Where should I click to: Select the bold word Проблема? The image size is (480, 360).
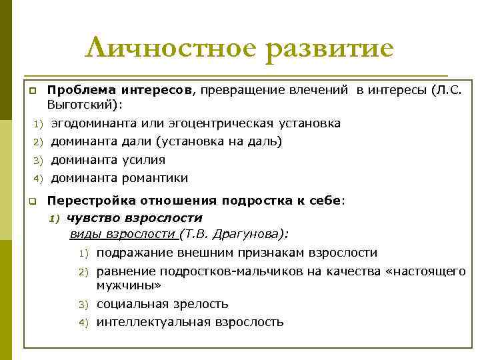pyautogui.click(x=77, y=89)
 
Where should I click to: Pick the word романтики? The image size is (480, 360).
pyautogui.click(x=155, y=178)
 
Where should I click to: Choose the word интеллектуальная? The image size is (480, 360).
pyautogui.click(x=153, y=322)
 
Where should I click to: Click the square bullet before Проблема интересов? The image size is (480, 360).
pyautogui.click(x=31, y=89)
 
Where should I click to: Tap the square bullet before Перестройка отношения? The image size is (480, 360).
pyautogui.click(x=31, y=201)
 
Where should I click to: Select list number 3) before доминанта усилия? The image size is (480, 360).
pyautogui.click(x=38, y=161)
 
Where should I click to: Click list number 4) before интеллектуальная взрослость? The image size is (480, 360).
pyautogui.click(x=83, y=323)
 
